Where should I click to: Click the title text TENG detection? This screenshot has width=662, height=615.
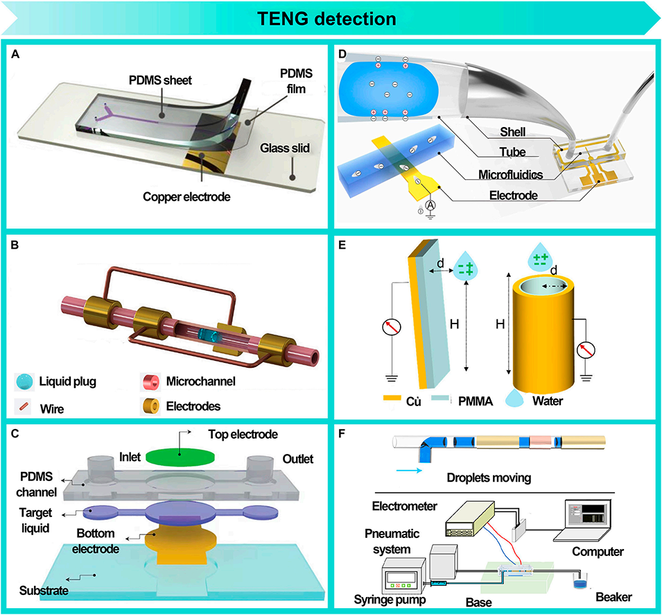(x=331, y=18)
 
